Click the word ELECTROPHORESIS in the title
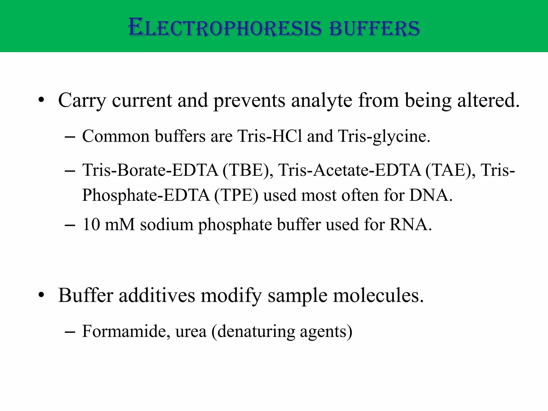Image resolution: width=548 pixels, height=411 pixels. [225, 28]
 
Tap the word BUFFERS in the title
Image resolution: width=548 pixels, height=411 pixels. [374, 28]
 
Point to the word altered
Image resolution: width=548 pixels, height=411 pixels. [488, 100]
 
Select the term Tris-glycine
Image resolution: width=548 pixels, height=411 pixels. [384, 137]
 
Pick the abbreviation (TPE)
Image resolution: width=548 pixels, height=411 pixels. [237, 195]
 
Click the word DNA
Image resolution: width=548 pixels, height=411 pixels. [431, 195]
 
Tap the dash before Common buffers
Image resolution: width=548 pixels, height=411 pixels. [70, 137]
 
